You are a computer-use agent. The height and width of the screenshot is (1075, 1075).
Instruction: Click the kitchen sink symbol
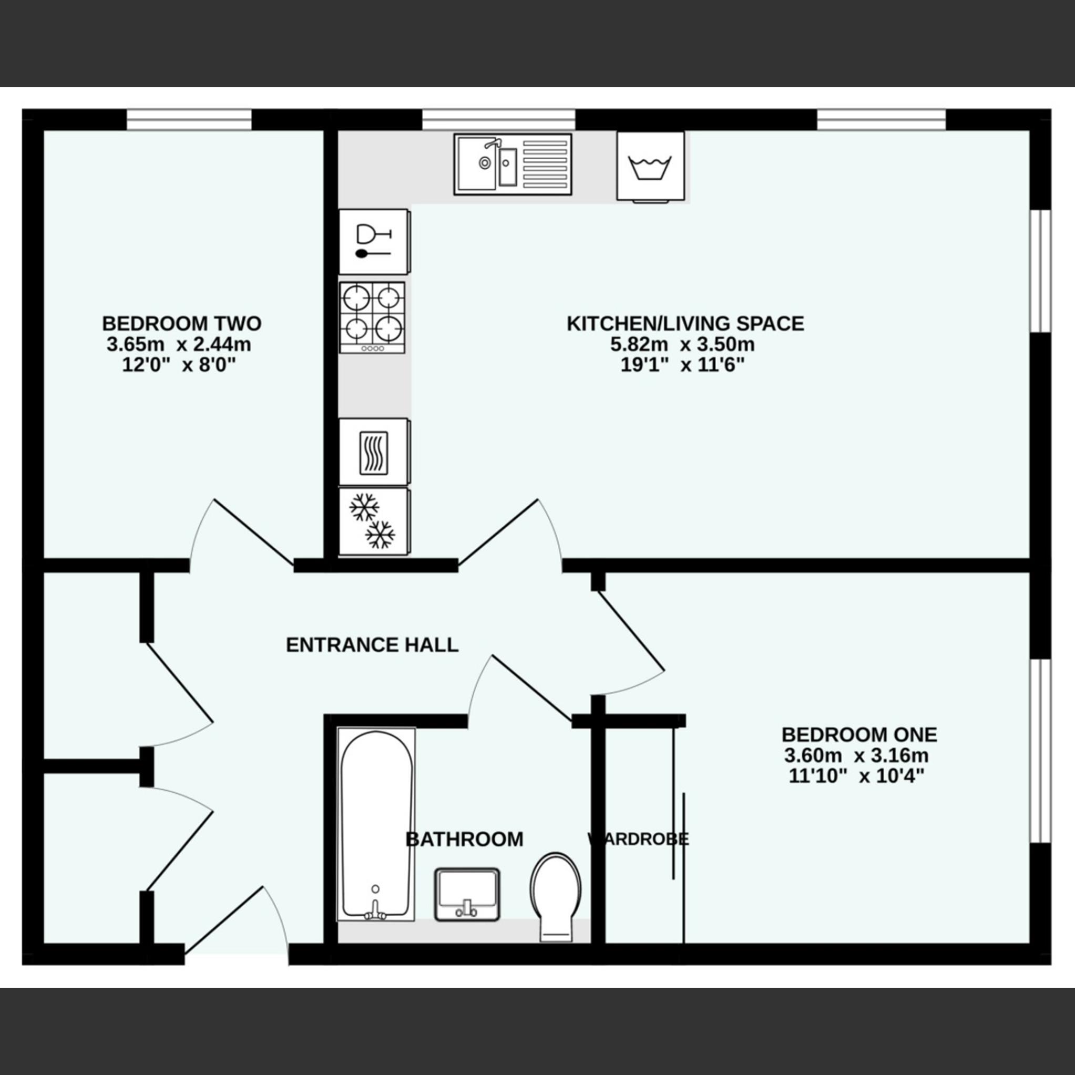point(513,163)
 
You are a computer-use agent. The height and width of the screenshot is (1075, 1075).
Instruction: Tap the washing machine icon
point(650,166)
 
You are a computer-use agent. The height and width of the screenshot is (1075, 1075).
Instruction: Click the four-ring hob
point(372,318)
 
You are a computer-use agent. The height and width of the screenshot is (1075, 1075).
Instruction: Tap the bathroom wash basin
point(467,894)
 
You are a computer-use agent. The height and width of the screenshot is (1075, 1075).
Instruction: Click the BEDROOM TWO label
point(181,323)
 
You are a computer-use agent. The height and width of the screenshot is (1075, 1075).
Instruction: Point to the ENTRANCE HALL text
point(372,645)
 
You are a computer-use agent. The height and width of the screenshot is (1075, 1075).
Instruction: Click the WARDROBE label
point(638,839)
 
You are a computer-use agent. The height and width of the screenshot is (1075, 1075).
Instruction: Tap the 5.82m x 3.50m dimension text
point(682,344)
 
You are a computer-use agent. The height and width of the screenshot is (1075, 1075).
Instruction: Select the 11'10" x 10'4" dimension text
point(856,776)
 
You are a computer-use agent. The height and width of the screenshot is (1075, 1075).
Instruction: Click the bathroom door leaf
point(531,689)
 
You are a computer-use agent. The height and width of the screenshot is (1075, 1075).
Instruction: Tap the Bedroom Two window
point(189,120)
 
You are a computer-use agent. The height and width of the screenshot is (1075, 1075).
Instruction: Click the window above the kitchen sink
point(498,120)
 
